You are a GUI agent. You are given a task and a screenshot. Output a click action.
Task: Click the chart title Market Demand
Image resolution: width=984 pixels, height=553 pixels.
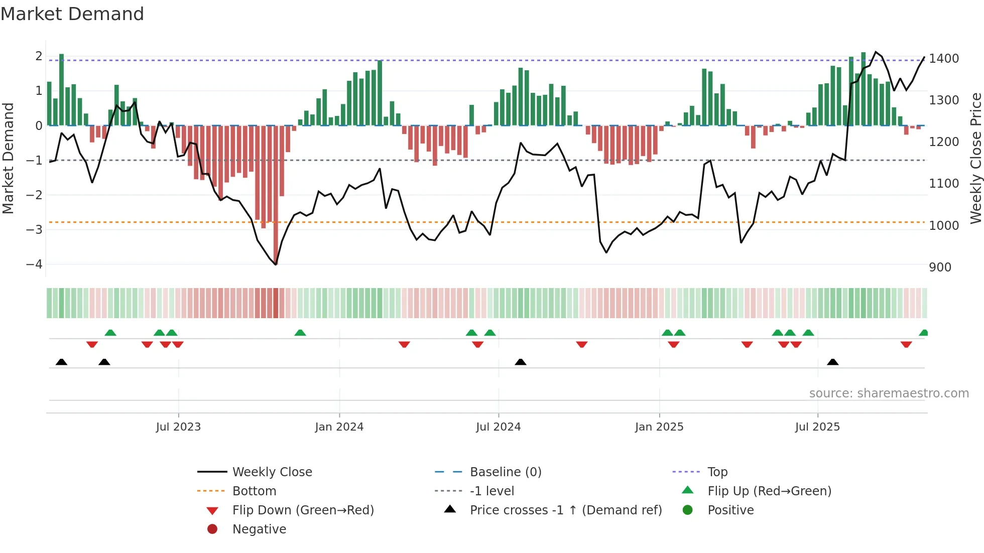pos(72,14)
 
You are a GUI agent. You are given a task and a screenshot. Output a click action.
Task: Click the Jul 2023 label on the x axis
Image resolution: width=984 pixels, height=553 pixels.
pos(178,427)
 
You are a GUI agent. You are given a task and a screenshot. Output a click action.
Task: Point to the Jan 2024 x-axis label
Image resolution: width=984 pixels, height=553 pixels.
pos(339,427)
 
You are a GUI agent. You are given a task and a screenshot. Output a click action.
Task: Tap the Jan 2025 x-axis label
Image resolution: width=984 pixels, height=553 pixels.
pos(659,427)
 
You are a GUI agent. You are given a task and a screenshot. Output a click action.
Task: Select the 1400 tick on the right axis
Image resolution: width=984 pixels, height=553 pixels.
pos(944,59)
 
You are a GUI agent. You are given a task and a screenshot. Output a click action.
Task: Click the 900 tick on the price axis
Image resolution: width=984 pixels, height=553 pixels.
pos(940,267)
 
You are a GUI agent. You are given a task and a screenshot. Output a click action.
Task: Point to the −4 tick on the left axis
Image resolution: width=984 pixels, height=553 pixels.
pos(34,264)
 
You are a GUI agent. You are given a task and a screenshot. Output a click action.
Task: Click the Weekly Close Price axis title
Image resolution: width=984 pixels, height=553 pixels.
pos(975,158)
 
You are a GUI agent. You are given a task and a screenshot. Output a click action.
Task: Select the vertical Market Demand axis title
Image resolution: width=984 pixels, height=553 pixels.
pos(8,158)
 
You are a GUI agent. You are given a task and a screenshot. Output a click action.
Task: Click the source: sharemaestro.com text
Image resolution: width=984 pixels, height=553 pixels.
pos(889,393)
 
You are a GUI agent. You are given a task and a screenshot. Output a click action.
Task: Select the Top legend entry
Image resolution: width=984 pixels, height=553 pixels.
pos(717,472)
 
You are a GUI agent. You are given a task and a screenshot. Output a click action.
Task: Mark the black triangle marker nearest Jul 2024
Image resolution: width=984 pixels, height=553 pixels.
pos(521,362)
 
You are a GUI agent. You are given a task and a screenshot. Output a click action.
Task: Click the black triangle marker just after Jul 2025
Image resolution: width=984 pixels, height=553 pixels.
pos(833,362)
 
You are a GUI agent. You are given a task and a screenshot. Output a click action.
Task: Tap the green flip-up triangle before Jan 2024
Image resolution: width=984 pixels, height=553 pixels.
pos(300,333)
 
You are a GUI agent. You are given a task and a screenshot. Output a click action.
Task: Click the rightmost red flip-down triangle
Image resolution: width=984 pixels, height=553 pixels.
pos(906,344)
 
